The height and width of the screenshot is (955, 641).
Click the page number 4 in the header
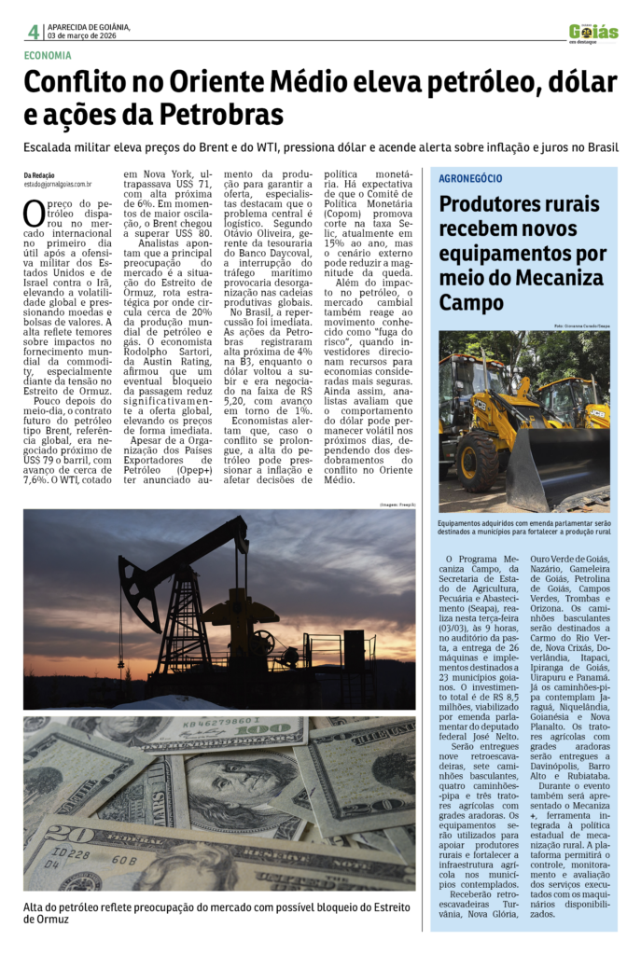[x=33, y=31]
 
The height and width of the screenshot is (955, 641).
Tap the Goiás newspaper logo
[x=593, y=33]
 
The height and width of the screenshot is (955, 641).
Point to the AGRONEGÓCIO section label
[x=471, y=178]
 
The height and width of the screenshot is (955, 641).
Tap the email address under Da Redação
[x=58, y=185]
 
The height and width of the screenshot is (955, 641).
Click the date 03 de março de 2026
[x=82, y=35]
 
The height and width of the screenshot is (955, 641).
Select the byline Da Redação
[x=39, y=175]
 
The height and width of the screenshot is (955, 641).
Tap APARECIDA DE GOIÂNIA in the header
[x=89, y=26]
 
